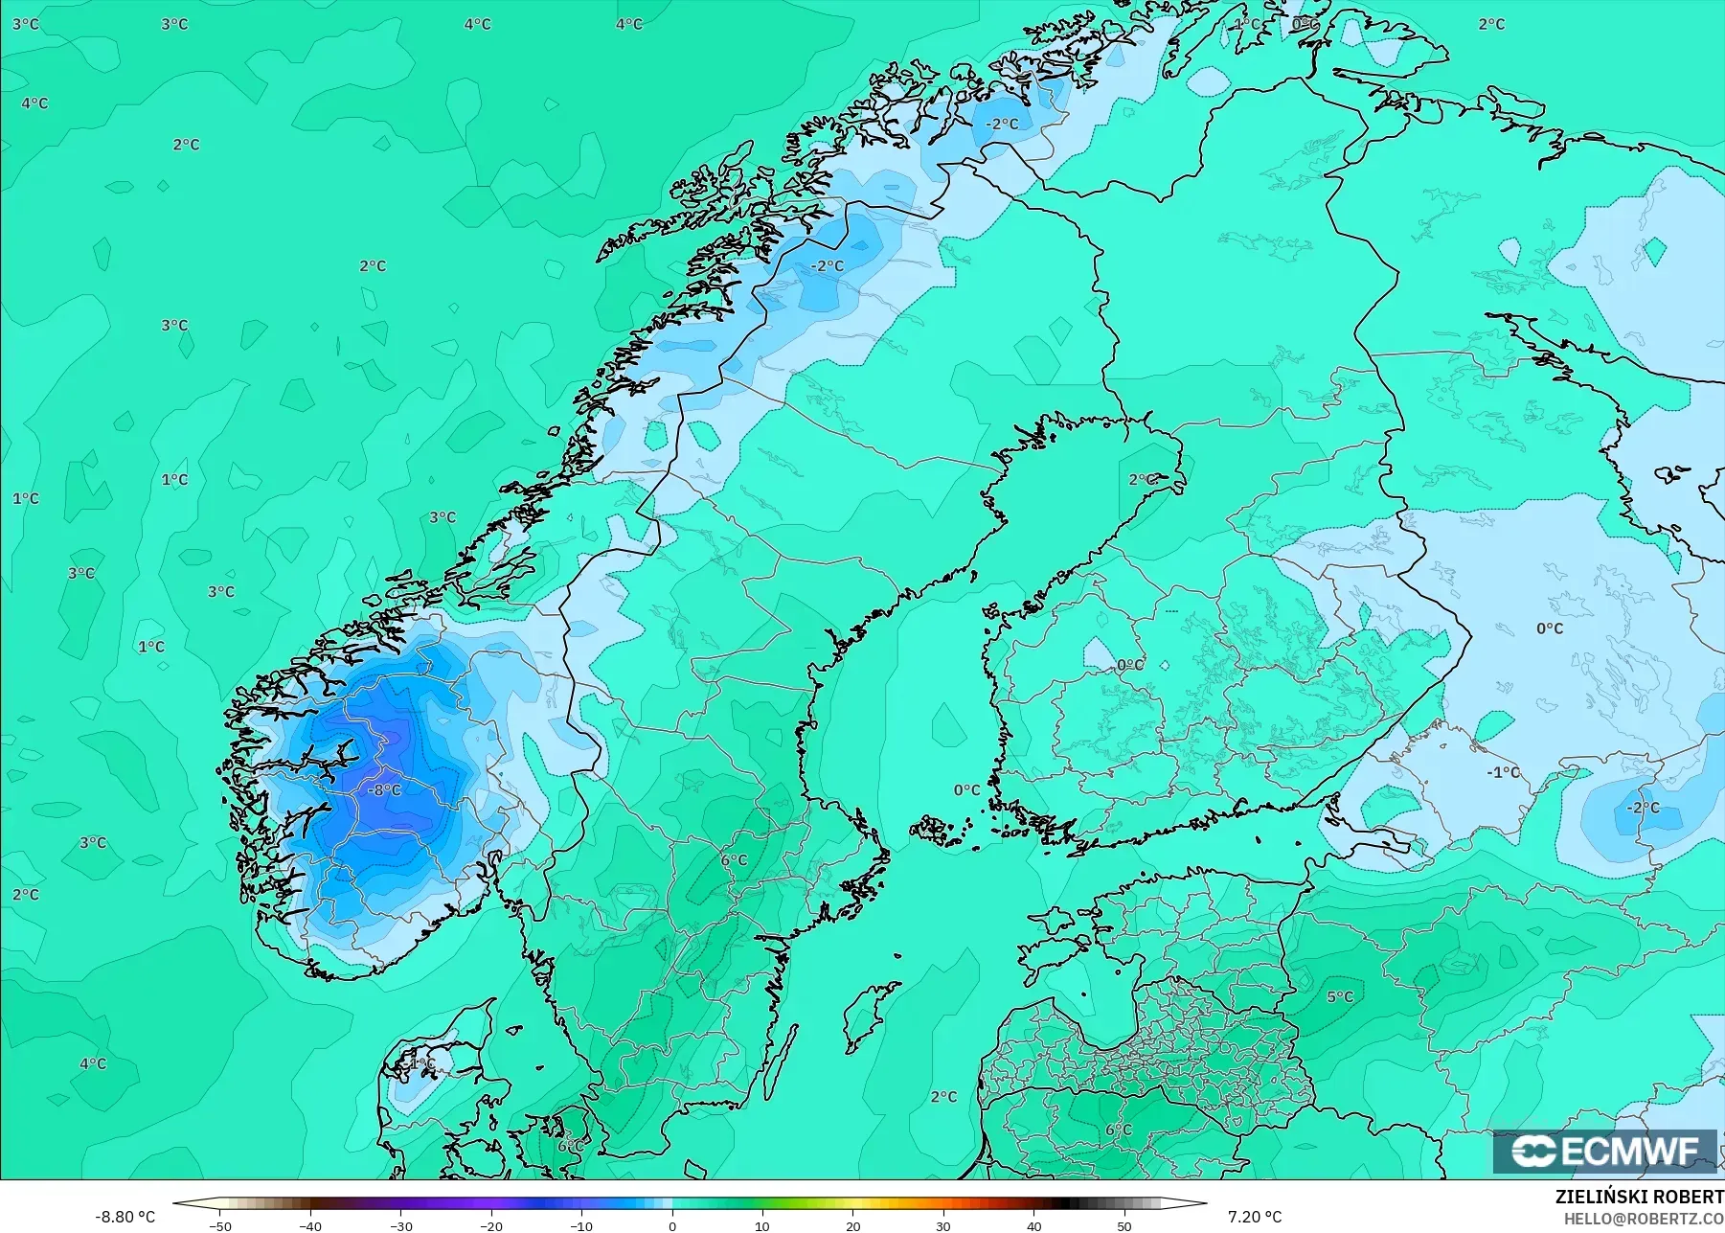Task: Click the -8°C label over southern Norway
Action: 385,790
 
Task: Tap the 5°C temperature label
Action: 1340,997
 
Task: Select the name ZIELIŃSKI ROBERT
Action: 1639,1198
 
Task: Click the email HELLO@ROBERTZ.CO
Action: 1644,1219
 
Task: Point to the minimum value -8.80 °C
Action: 125,1217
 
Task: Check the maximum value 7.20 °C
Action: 1255,1217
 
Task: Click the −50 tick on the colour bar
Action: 219,1226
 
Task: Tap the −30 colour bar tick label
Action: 400,1226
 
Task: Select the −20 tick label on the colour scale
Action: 490,1226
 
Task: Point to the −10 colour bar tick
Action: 581,1226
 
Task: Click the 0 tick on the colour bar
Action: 672,1226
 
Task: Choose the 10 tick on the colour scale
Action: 762,1226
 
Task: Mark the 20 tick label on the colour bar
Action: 853,1226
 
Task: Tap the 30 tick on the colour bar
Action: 943,1226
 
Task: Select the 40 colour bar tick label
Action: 1034,1226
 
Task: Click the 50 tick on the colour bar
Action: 1124,1226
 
